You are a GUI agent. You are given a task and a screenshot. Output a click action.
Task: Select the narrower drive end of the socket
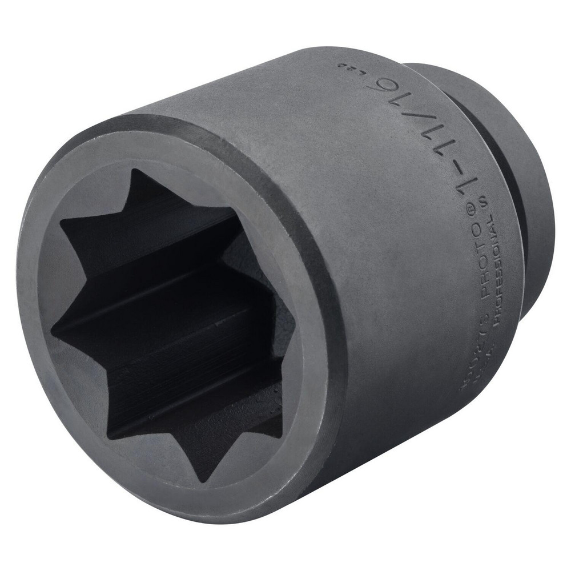click(514, 143)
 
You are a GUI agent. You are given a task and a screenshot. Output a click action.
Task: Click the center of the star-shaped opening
click(171, 325)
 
